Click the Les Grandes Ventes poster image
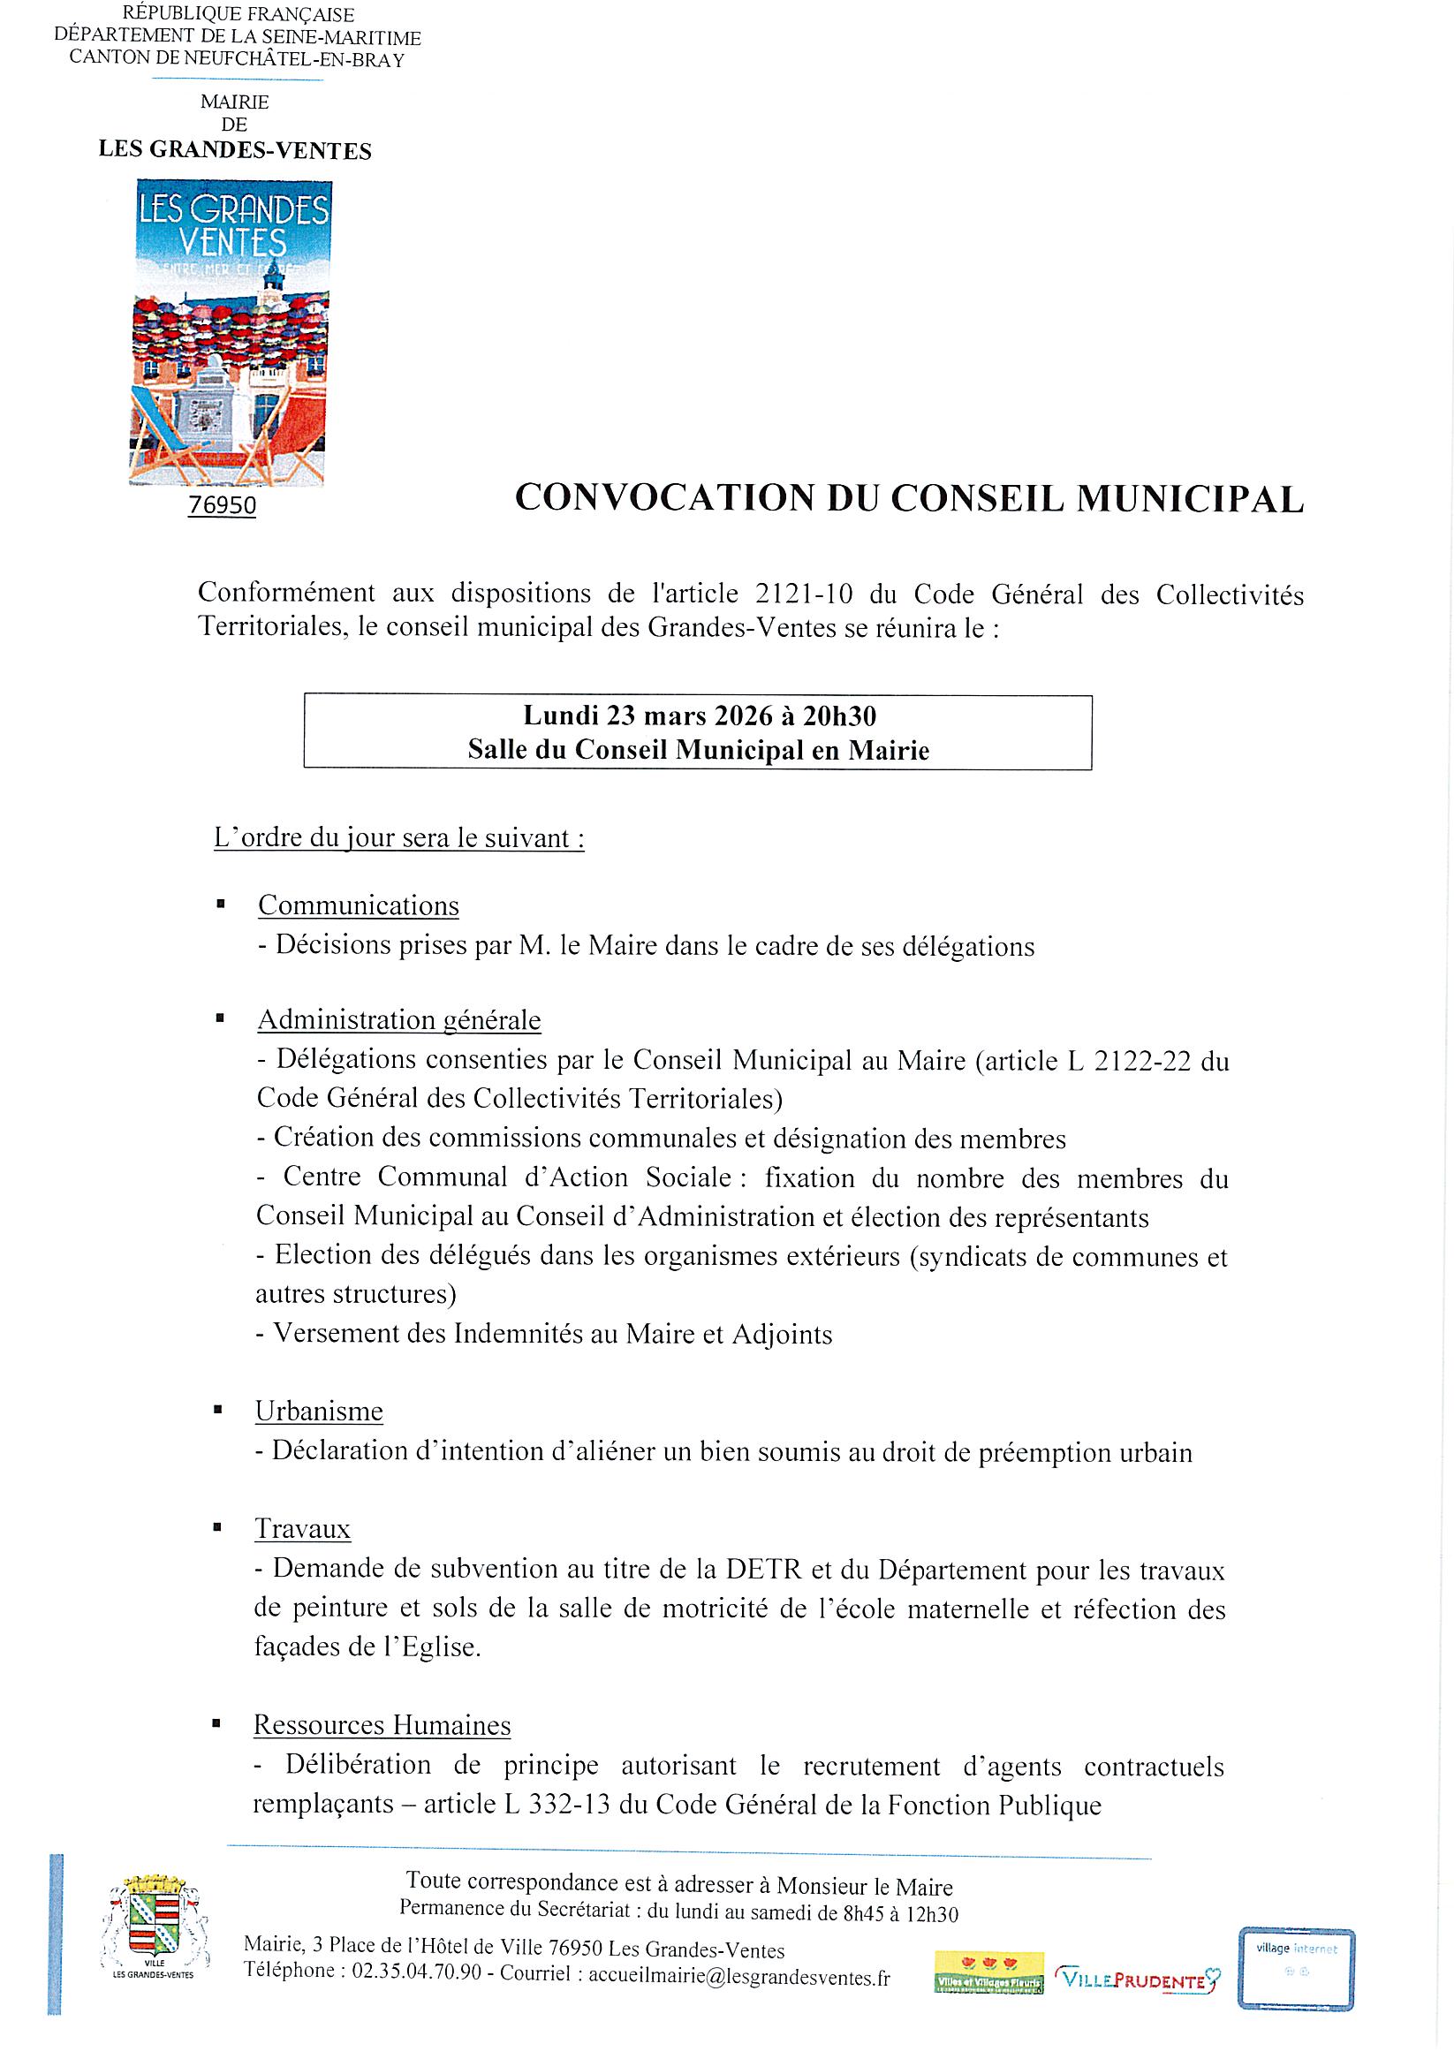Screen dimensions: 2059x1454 (231, 333)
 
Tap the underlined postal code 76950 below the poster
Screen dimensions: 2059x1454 (223, 506)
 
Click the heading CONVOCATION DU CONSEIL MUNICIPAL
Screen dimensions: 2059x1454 (909, 498)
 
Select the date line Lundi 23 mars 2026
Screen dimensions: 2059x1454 (700, 715)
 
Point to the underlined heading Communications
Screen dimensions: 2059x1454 (358, 905)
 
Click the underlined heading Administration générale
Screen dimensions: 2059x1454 (399, 1019)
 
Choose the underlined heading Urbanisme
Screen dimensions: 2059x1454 (318, 1412)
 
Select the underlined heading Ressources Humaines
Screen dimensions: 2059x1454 (382, 1724)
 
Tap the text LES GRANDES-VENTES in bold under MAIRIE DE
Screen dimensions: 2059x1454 (235, 151)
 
